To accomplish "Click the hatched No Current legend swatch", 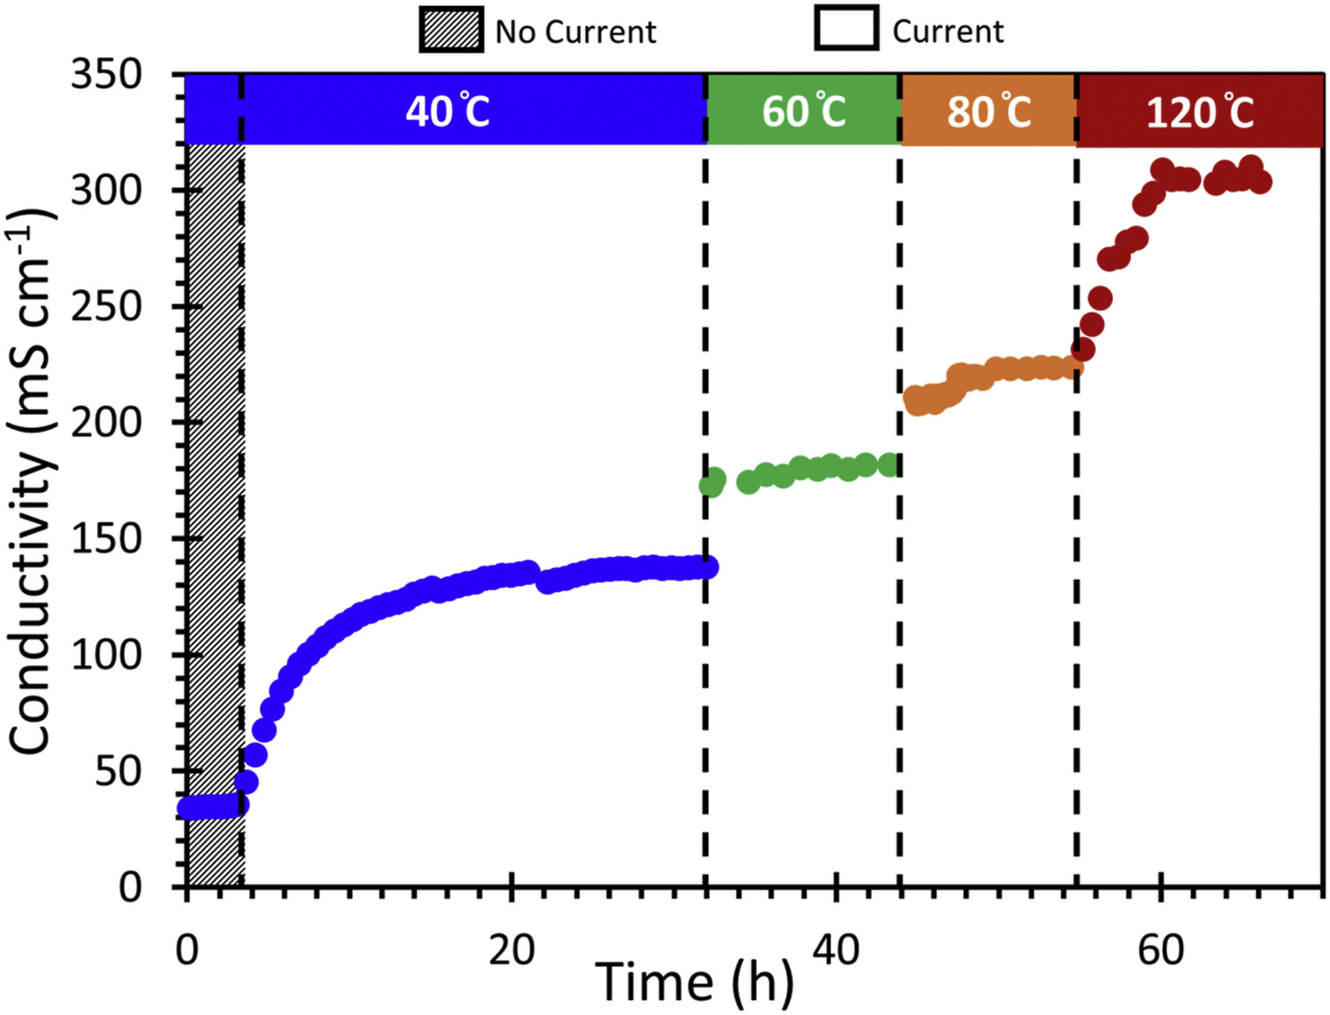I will pos(451,30).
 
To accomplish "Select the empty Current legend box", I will pos(846,29).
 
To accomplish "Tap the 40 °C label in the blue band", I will pos(447,111).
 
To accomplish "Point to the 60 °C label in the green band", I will pos(803,111).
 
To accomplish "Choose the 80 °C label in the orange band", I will pos(989,111).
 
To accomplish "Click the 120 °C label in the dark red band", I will pos(1199,113).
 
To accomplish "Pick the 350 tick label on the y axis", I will pos(107,75).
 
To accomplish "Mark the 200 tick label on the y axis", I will pos(107,423).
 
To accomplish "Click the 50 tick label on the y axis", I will pos(118,771).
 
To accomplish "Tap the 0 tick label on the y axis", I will pos(131,887).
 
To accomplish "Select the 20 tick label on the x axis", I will pos(511,949).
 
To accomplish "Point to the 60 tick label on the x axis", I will pos(1160,949).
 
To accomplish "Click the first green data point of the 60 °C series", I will pos(711,484).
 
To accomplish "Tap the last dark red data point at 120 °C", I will pos(1259,182).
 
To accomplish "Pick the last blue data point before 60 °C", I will pos(707,568).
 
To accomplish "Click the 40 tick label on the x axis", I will pos(836,949).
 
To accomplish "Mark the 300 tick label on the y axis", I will pos(107,191).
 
